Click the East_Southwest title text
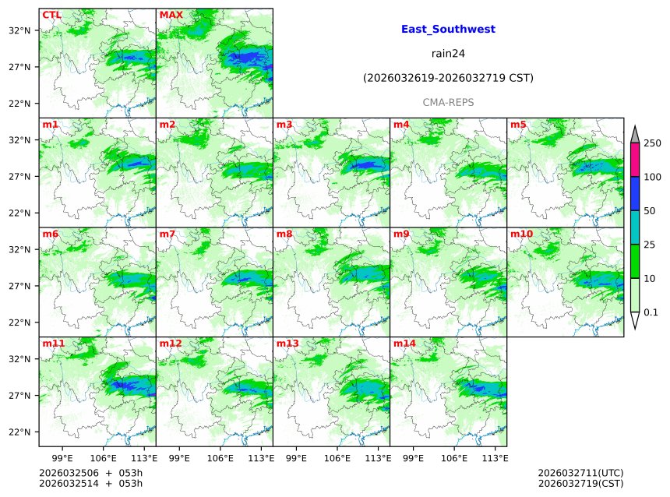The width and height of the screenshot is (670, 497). pyautogui.click(x=448, y=30)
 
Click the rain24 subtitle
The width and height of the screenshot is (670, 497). pyautogui.click(x=448, y=54)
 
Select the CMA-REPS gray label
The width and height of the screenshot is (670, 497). pyautogui.click(x=448, y=102)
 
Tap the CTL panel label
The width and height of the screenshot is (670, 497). pyautogui.click(x=51, y=15)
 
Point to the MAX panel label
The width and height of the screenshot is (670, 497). pyautogui.click(x=171, y=15)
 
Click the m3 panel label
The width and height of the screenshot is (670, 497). pyautogui.click(x=284, y=125)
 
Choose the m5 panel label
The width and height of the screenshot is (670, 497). pyautogui.click(x=517, y=125)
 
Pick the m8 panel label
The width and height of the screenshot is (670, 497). pyautogui.click(x=284, y=234)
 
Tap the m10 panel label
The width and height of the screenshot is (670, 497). pyautogui.click(x=521, y=234)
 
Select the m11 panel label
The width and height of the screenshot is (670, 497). pyautogui.click(x=54, y=343)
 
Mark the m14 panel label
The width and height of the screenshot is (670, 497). pyautogui.click(x=404, y=343)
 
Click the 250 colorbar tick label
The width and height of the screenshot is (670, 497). pyautogui.click(x=652, y=143)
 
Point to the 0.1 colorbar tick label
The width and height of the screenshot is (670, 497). pyautogui.click(x=651, y=312)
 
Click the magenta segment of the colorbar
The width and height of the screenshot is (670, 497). pyautogui.click(x=634, y=160)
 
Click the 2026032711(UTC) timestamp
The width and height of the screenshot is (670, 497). pyautogui.click(x=580, y=473)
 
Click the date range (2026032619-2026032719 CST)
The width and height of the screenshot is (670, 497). pyautogui.click(x=448, y=78)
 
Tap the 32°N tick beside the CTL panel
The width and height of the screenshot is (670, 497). pyautogui.click(x=19, y=30)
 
